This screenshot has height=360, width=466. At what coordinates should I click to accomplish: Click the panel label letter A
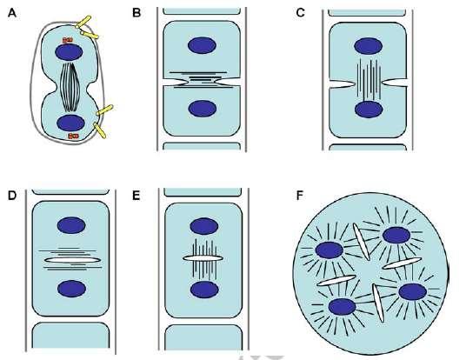12,13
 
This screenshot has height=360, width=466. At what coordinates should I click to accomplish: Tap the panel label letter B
136,13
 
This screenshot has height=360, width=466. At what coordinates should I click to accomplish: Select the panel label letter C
301,13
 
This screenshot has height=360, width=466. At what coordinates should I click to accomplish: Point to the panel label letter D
12,196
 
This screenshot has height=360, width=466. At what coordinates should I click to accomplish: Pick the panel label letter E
136,196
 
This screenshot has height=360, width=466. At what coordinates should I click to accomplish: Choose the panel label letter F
300,196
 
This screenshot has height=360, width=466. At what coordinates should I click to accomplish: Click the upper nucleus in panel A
69,52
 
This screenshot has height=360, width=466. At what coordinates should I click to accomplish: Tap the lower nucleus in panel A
70,123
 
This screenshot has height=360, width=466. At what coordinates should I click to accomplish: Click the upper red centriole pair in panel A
68,40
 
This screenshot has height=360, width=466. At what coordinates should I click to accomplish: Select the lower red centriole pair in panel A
73,136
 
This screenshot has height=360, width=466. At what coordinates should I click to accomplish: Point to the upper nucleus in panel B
202,45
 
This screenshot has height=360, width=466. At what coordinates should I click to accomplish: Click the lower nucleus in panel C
369,110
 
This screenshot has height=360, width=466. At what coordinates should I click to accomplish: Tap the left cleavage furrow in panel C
343,84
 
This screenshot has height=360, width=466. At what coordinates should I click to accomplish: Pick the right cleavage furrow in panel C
394,83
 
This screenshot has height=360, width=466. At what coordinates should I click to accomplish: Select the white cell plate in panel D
72,260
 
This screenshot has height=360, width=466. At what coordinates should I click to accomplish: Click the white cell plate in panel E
203,258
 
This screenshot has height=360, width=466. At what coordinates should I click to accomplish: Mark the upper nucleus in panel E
204,226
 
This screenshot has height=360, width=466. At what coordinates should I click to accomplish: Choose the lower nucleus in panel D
71,289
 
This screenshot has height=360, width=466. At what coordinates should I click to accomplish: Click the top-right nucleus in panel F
396,235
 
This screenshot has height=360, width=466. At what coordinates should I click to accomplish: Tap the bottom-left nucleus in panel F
342,307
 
